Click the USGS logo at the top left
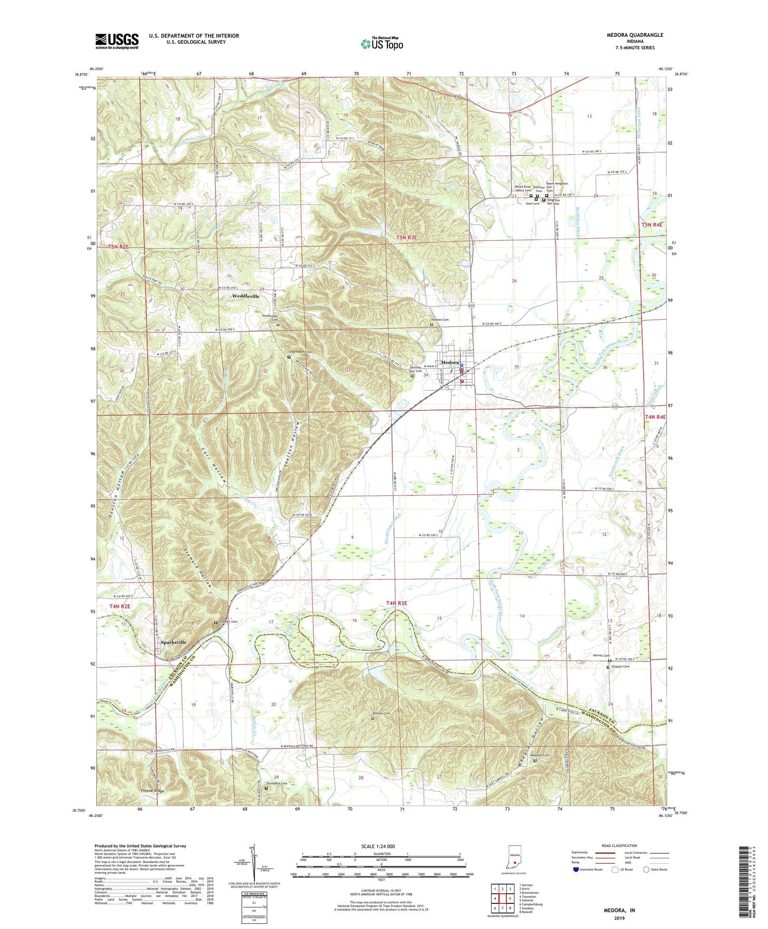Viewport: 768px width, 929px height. tap(117, 41)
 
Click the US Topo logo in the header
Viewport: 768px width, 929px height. tap(382, 44)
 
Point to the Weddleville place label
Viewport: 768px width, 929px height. tap(246, 296)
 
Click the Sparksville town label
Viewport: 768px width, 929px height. tap(174, 642)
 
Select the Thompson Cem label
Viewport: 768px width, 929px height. tap(276, 783)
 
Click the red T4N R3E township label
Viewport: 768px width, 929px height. tap(396, 603)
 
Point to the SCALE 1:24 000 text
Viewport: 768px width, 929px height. tap(381, 846)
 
